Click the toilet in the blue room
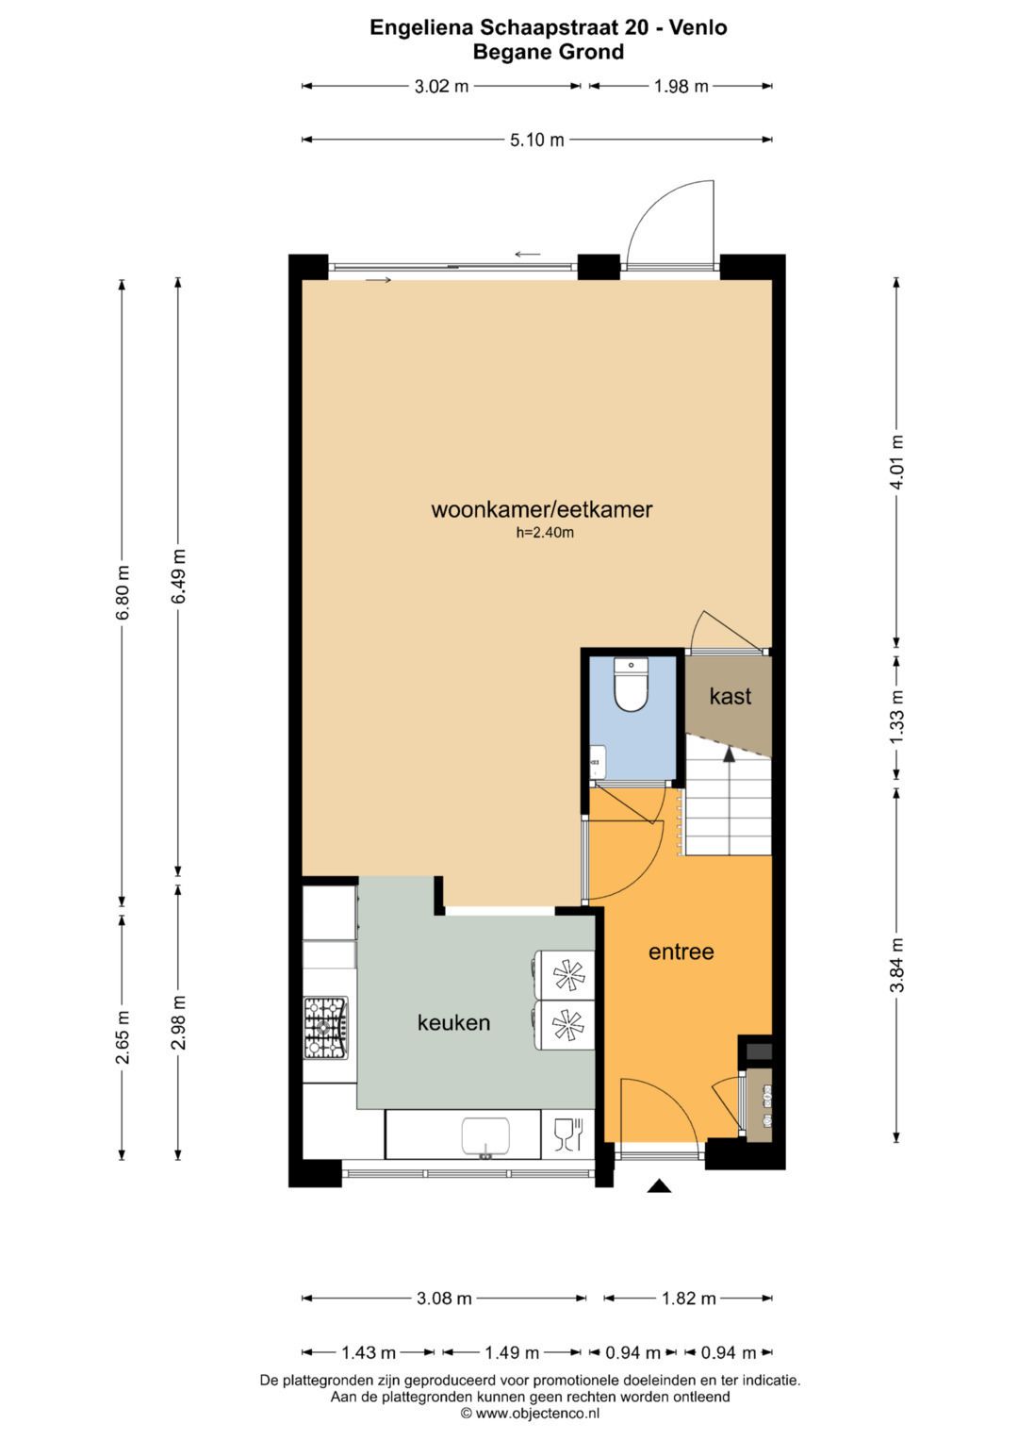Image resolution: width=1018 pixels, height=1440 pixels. (631, 686)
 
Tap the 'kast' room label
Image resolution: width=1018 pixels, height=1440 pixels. (730, 697)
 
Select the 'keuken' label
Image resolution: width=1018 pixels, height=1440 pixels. (453, 1022)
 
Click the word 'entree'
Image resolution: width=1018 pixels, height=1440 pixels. (681, 952)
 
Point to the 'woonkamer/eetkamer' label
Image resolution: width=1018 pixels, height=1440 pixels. (541, 510)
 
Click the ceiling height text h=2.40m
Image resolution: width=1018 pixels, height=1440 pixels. (545, 533)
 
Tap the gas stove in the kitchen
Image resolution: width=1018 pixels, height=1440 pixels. (325, 1027)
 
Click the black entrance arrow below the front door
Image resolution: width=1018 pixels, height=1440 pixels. (659, 1186)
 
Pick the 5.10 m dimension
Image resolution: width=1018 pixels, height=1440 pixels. (536, 141)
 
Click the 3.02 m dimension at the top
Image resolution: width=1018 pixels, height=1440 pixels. (441, 87)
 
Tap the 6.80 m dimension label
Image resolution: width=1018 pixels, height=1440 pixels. (123, 592)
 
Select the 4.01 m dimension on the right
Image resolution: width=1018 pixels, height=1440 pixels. (896, 462)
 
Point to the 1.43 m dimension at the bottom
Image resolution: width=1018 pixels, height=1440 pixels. (368, 1353)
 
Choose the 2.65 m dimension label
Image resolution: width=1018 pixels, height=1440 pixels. (123, 1037)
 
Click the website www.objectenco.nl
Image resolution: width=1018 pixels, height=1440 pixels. (536, 1413)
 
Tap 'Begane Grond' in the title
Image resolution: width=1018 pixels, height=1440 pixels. (548, 52)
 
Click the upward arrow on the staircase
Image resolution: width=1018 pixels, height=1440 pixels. (728, 753)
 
